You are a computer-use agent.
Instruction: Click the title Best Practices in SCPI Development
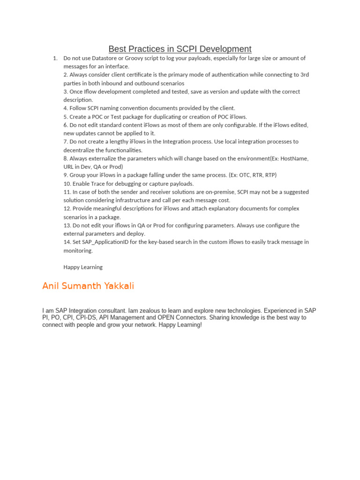[x=180, y=49]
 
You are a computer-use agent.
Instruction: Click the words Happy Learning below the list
[x=83, y=267]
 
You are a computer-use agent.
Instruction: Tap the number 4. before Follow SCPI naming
[x=66, y=108]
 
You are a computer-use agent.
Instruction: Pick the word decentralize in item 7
[x=78, y=150]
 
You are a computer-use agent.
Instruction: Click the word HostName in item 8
[x=294, y=158]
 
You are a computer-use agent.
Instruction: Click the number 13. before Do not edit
[x=67, y=225]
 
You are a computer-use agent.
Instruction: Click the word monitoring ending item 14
[x=78, y=250]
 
